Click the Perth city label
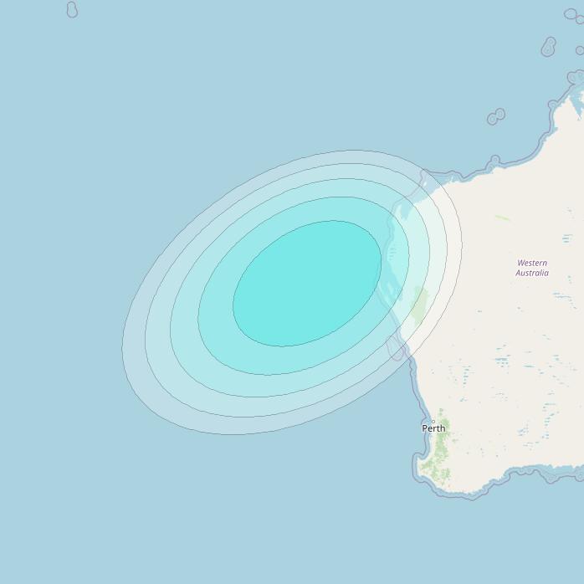coord(433,428)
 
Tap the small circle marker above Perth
coord(433,421)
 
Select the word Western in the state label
coord(532,263)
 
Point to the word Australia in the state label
coord(532,273)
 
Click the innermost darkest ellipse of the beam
coord(307,284)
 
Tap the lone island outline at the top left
coord(72,10)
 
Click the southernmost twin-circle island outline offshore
coord(496,116)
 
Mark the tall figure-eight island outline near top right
coord(549,46)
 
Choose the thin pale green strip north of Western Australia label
coord(502,218)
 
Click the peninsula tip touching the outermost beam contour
coord(423,176)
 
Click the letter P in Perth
coord(424,428)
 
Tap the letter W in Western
coord(520,263)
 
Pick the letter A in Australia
coord(518,273)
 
